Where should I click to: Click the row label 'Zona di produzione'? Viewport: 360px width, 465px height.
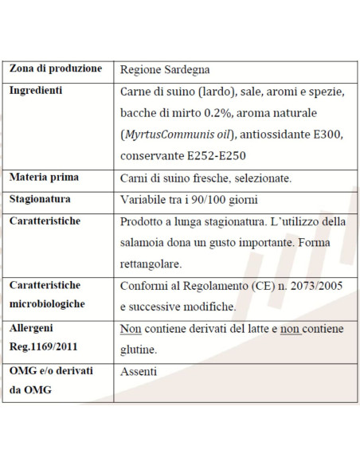[56, 69]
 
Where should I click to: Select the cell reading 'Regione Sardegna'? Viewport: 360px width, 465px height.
[165, 70]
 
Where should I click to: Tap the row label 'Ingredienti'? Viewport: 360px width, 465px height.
[36, 91]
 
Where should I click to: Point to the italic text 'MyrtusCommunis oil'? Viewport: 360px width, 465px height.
[179, 135]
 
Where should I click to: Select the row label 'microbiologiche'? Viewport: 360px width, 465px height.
[47, 305]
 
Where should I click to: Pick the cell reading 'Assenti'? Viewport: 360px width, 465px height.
[139, 371]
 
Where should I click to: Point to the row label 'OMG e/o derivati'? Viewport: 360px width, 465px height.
[51, 370]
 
